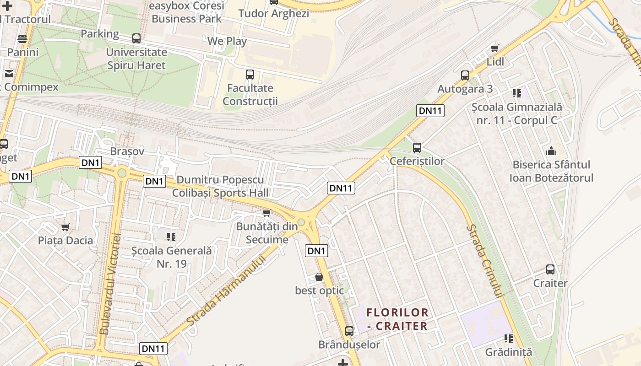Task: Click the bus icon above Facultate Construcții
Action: [x=250, y=75]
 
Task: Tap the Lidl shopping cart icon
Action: [x=494, y=48]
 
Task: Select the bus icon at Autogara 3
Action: [x=465, y=75]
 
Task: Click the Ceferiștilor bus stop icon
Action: [x=417, y=148]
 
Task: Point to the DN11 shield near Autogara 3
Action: [x=431, y=110]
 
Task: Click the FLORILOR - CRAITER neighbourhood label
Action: [x=397, y=319]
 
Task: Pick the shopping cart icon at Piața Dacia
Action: [x=65, y=227]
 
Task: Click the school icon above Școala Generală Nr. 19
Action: [x=171, y=237]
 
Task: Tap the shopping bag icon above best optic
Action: [x=319, y=277]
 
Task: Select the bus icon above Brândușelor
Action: [x=349, y=331]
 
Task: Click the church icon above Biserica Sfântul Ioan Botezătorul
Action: [x=551, y=151]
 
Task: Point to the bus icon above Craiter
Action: [x=550, y=269]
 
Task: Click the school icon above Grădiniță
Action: [x=508, y=339]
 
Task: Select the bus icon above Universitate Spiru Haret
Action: [x=136, y=38]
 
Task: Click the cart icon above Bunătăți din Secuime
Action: [x=266, y=213]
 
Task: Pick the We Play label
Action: [x=227, y=41]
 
